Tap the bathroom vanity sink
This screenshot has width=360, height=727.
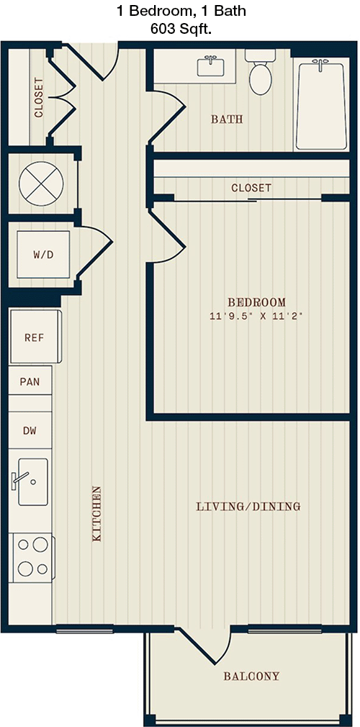pyautogui.click(x=211, y=66)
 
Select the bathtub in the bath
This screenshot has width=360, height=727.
pyautogui.click(x=320, y=106)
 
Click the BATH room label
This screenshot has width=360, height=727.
pyautogui.click(x=228, y=119)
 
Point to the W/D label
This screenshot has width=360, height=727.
pyautogui.click(x=43, y=255)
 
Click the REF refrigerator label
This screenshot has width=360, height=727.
pyautogui.click(x=35, y=338)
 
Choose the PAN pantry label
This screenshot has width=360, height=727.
pyautogui.click(x=30, y=382)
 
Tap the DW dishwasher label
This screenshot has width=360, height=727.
pyautogui.click(x=30, y=430)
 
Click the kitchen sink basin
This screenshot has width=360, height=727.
pyautogui.click(x=32, y=482)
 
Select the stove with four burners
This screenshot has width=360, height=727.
pyautogui.click(x=32, y=558)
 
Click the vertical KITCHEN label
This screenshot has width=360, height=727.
pyautogui.click(x=97, y=513)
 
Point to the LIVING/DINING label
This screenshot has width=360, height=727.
pyautogui.click(x=248, y=506)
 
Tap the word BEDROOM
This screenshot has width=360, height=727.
pyautogui.click(x=256, y=302)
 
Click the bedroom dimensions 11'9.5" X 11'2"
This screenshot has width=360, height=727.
pyautogui.click(x=256, y=317)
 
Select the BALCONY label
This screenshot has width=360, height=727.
pyautogui.click(x=251, y=676)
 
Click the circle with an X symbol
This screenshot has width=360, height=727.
pyautogui.click(x=41, y=184)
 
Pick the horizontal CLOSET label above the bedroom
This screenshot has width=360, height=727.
pyautogui.click(x=251, y=188)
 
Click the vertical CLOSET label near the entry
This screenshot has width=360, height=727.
pyautogui.click(x=39, y=97)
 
